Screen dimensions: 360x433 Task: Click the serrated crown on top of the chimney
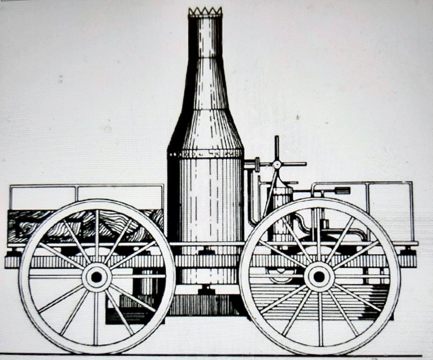(x=205, y=12)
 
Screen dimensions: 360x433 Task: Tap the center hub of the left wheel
(x=97, y=277)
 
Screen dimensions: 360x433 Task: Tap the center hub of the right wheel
(x=319, y=277)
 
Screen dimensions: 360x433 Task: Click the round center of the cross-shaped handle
(x=277, y=164)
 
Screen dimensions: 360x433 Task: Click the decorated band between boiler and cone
(x=206, y=153)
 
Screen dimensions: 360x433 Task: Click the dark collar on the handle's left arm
(x=257, y=164)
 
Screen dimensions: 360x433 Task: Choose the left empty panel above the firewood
(x=42, y=197)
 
